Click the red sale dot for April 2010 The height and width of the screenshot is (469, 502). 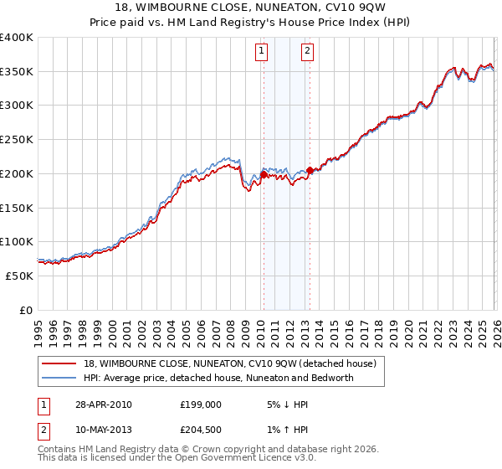[x=264, y=175]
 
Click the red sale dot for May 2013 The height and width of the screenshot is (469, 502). [x=310, y=171]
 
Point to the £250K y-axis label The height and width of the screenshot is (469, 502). [x=17, y=139]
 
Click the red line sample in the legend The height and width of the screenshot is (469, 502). [x=60, y=363]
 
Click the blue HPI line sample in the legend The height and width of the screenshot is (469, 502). [x=60, y=378]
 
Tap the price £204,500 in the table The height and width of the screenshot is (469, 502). [x=200, y=431]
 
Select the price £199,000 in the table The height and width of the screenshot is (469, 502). [x=200, y=405]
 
